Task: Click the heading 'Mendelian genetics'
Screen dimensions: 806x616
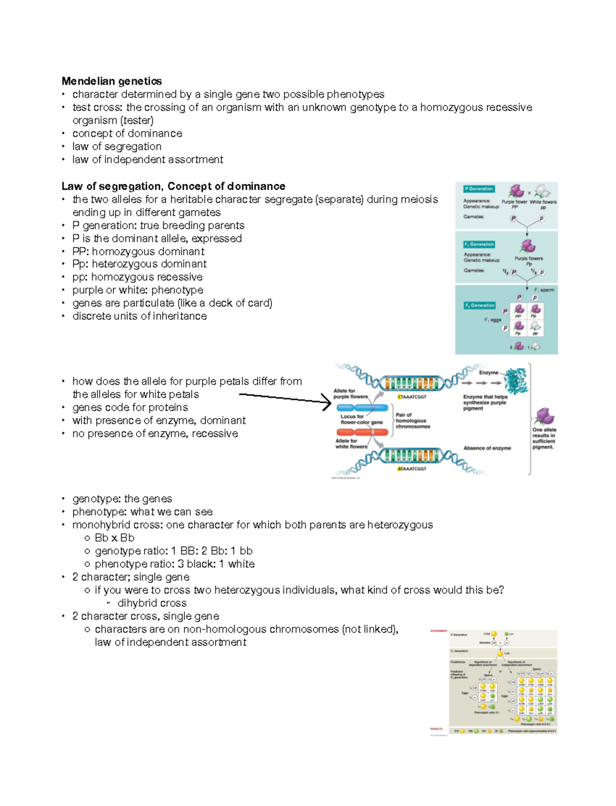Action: [111, 81]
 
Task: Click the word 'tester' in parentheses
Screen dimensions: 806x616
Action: [137, 121]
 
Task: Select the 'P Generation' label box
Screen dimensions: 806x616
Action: [478, 189]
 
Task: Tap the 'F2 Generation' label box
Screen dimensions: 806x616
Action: [480, 305]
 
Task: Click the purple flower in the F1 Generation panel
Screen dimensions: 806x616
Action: [528, 246]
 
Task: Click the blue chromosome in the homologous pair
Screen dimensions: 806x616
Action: [362, 408]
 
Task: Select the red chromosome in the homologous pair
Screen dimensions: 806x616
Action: [362, 432]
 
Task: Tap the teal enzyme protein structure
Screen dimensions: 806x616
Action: [515, 380]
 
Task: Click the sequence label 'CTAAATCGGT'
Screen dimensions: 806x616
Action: [412, 397]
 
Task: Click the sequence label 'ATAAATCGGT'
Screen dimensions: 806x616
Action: [412, 469]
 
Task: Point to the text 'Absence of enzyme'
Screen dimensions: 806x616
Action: [487, 448]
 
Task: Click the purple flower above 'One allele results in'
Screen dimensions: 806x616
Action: [544, 416]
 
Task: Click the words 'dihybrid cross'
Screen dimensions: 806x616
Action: [152, 603]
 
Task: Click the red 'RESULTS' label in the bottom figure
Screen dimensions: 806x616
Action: [436, 728]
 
